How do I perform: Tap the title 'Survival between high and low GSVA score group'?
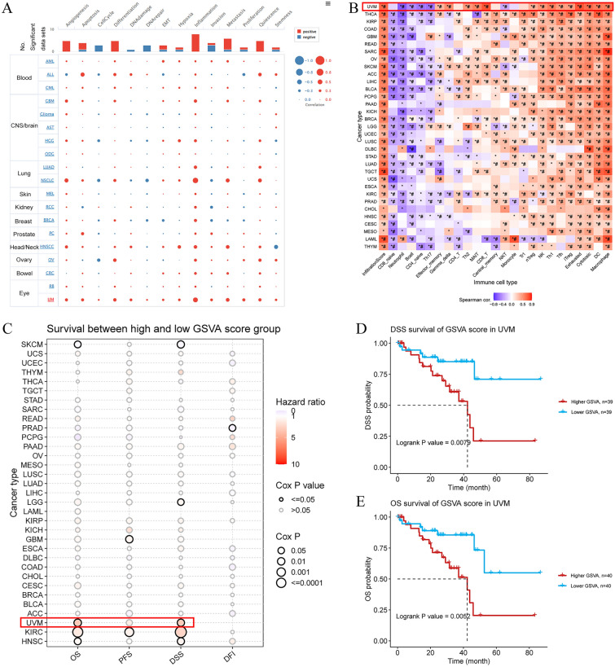[151, 328]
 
